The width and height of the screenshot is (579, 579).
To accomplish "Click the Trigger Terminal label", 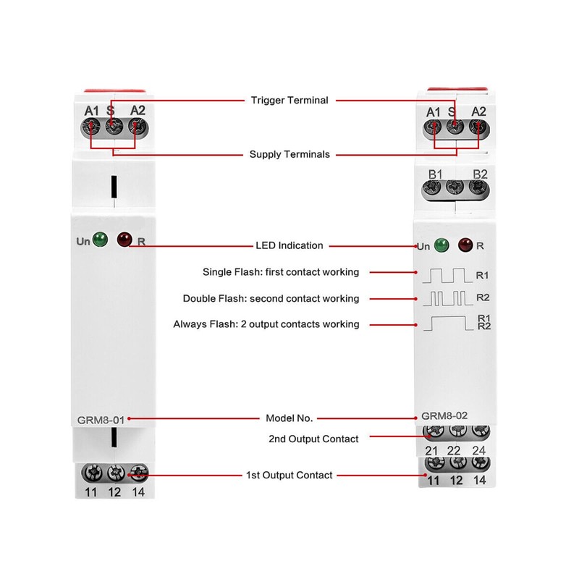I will [x=289, y=100].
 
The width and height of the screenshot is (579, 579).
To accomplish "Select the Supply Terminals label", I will [x=289, y=154].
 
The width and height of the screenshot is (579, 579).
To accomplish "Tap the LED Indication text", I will [x=289, y=245].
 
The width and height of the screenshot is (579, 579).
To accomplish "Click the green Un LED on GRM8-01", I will [x=100, y=239].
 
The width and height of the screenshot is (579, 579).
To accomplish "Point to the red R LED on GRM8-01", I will [x=124, y=239].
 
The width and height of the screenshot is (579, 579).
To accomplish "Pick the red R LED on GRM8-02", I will [x=464, y=245].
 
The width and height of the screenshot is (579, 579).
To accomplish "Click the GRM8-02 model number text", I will [x=444, y=417].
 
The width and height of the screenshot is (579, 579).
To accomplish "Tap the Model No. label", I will [x=289, y=418].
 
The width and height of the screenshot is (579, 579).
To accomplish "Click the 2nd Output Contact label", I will [x=313, y=439].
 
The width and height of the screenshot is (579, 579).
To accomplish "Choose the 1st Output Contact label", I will [x=289, y=475].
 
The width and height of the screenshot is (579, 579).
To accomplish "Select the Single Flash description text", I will [x=282, y=272].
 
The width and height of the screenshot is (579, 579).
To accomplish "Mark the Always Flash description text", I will [x=266, y=324].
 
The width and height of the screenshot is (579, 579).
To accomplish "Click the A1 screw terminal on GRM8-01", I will [x=91, y=127].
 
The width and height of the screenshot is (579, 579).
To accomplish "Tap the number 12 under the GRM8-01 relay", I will [x=114, y=494].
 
